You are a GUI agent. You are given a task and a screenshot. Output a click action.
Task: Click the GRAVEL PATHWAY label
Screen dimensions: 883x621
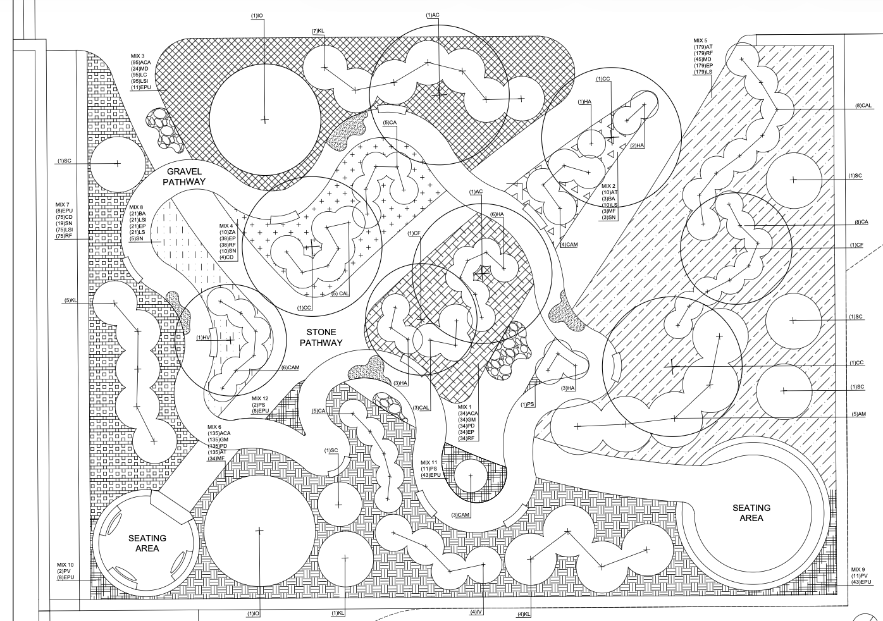[x=184, y=176]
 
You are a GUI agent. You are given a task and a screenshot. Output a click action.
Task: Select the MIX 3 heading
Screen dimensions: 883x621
[x=138, y=56]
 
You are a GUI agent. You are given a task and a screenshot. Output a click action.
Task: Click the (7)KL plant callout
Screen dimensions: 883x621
[x=318, y=31]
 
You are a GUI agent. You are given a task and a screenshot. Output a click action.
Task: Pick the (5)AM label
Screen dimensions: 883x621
[x=858, y=414]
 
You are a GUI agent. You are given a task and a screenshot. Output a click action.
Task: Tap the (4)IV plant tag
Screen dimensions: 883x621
[x=476, y=612]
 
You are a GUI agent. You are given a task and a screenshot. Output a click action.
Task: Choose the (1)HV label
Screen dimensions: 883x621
[x=202, y=337]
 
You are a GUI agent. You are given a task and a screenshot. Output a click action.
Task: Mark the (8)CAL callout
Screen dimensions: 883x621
[x=863, y=106]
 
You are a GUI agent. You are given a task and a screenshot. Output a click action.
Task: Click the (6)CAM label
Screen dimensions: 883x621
[x=290, y=367]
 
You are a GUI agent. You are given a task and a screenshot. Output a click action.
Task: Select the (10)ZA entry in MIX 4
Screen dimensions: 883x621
[x=227, y=232]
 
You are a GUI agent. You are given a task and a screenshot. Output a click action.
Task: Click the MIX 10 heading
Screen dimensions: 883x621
[x=65, y=565]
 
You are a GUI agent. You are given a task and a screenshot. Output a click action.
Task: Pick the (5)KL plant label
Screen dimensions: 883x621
[x=70, y=300]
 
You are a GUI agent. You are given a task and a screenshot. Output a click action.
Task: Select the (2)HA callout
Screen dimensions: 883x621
[x=637, y=145]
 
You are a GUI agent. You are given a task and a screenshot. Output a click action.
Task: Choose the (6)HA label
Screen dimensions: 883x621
[x=497, y=214]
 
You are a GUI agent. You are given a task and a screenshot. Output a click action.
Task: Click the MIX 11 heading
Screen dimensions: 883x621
[x=429, y=463]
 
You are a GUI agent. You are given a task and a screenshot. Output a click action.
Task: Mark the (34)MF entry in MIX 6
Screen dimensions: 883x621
[x=216, y=458]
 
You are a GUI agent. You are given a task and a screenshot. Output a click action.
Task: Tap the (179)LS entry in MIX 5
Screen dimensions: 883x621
[x=703, y=72]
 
